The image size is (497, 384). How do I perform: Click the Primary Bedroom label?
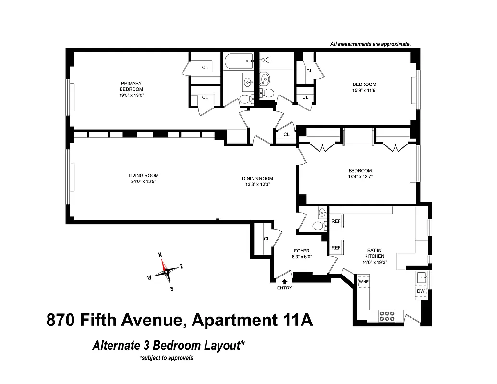pos(132,86)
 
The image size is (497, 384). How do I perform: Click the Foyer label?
pos(302,251)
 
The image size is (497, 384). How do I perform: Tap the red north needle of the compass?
pos(163,264)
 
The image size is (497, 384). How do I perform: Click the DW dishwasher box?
pos(421,291)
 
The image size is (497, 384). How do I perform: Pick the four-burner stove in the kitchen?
pos(387,315)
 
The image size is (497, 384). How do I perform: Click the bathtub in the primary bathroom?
pos(238,60)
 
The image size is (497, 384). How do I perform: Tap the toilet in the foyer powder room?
pos(317,226)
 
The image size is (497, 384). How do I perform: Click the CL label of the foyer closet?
pos(267,239)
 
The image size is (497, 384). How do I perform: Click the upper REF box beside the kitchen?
pos(336,222)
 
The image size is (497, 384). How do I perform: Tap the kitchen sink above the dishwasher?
pos(422,277)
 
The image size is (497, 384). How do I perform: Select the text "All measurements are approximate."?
pos(370,44)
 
